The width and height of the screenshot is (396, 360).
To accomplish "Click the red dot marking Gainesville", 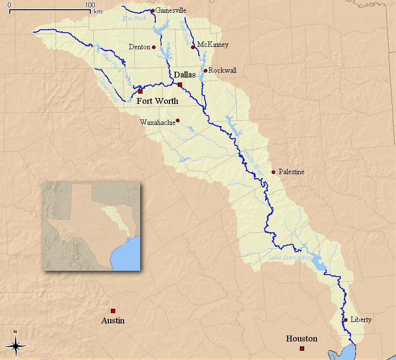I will (x=152, y=10).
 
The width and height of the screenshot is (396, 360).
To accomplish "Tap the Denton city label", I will (x=139, y=47).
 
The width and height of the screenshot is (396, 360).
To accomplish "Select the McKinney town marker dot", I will (x=193, y=47).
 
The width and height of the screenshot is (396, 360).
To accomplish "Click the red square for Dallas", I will (x=180, y=85).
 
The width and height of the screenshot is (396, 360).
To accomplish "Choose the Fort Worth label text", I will (x=157, y=101).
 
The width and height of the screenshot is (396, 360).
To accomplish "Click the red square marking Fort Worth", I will (x=140, y=91).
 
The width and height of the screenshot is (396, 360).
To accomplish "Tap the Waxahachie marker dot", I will (x=178, y=120).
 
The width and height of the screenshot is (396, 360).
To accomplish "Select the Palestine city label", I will (x=292, y=172).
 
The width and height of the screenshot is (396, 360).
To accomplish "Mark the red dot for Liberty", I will (x=345, y=320).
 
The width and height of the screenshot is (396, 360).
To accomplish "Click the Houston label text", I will (x=301, y=339).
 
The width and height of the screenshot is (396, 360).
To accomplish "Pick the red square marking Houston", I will (x=302, y=348).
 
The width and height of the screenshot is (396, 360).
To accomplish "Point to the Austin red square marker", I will (x=113, y=311).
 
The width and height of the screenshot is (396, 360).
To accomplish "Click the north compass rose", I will (x=16, y=345).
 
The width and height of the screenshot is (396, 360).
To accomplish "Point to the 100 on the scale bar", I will (x=89, y=4).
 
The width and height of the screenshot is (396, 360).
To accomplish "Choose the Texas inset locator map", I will (x=91, y=226).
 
